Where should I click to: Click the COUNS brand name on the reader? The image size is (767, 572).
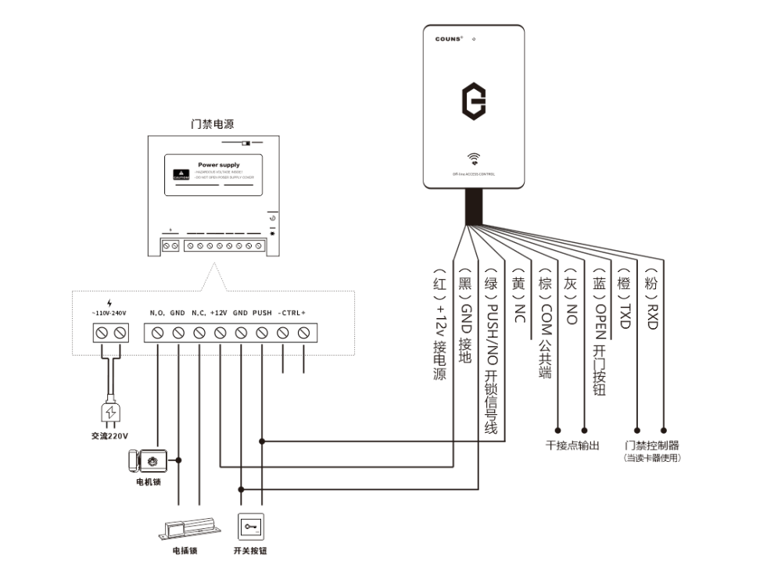449,38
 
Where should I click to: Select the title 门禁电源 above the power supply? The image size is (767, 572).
213,123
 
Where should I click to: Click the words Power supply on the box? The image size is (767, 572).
219,165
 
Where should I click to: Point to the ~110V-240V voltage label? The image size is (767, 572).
109,313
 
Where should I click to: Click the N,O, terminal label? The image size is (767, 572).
157,313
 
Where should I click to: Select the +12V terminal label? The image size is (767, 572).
219,313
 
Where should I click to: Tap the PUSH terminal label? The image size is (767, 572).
262,313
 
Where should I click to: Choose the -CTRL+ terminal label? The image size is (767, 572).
292,313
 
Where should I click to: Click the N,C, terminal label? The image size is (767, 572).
199,313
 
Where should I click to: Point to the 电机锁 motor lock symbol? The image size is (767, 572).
146,460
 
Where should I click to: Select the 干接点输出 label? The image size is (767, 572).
572,445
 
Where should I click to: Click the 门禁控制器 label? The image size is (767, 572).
652,445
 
